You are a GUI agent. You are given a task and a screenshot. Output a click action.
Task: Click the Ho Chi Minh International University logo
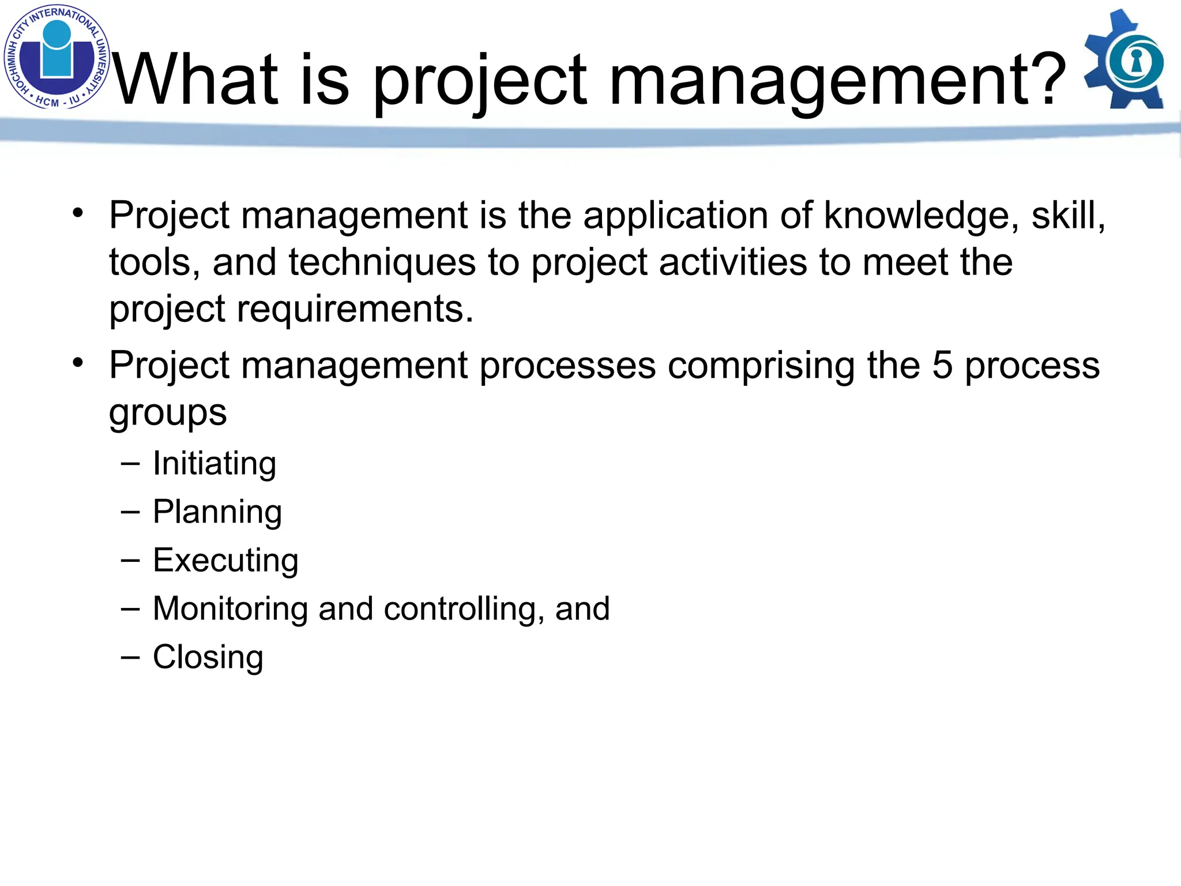(x=57, y=57)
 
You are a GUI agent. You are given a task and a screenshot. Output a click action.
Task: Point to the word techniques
(x=382, y=262)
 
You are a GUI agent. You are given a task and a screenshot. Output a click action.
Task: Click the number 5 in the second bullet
(x=942, y=365)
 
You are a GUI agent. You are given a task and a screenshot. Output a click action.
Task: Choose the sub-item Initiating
(x=215, y=464)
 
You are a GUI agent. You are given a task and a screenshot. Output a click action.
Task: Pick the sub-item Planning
(x=217, y=512)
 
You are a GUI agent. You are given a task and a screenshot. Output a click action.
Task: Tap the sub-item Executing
(x=225, y=561)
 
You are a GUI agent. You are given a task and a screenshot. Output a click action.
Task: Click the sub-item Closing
(x=208, y=658)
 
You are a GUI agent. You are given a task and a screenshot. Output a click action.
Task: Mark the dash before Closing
(x=130, y=658)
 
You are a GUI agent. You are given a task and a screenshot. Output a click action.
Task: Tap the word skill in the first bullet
(x=1067, y=216)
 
